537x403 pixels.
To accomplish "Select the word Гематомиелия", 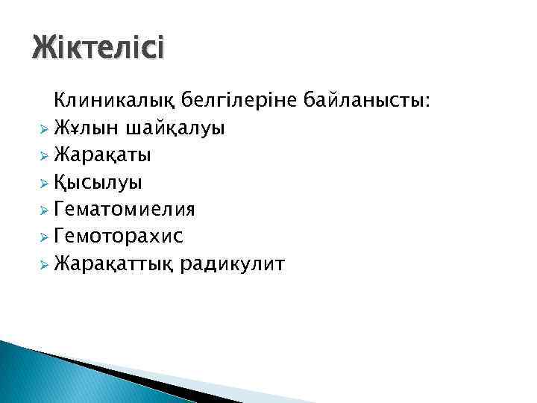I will (x=128, y=209).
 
